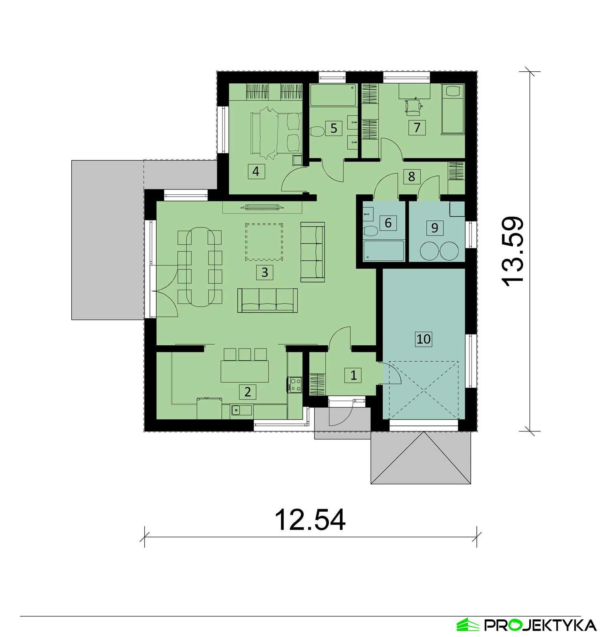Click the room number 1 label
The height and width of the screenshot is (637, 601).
[353, 375]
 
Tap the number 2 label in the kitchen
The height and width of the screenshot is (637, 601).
[247, 391]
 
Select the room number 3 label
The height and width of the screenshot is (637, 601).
[264, 272]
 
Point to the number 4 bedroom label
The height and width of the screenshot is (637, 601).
[256, 171]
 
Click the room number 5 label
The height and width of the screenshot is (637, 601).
[334, 128]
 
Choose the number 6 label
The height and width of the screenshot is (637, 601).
[388, 223]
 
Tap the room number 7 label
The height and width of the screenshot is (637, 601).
[417, 127]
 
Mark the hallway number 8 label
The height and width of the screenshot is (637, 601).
[411, 176]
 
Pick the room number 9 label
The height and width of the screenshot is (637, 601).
[435, 228]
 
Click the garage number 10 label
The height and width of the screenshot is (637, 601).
[424, 339]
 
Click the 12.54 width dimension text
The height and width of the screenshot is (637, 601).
[310, 520]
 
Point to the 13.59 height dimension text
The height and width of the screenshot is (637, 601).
[513, 252]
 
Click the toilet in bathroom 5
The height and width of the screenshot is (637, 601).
[318, 131]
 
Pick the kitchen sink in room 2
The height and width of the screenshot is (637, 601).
[236, 410]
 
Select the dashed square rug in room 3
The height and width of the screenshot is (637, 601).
[264, 242]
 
